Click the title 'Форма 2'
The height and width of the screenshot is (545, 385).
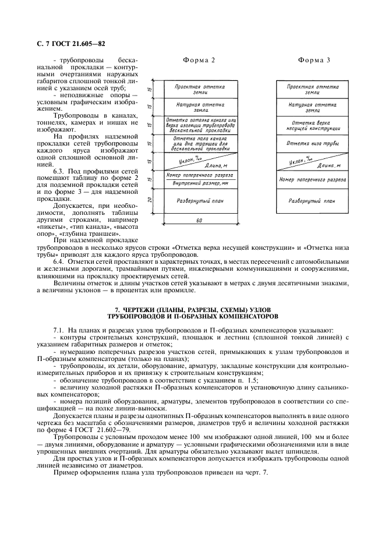coord(199,61)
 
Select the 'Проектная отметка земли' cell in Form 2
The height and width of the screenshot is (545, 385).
coord(200,89)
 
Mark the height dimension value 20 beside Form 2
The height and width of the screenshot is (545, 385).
coord(150,200)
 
